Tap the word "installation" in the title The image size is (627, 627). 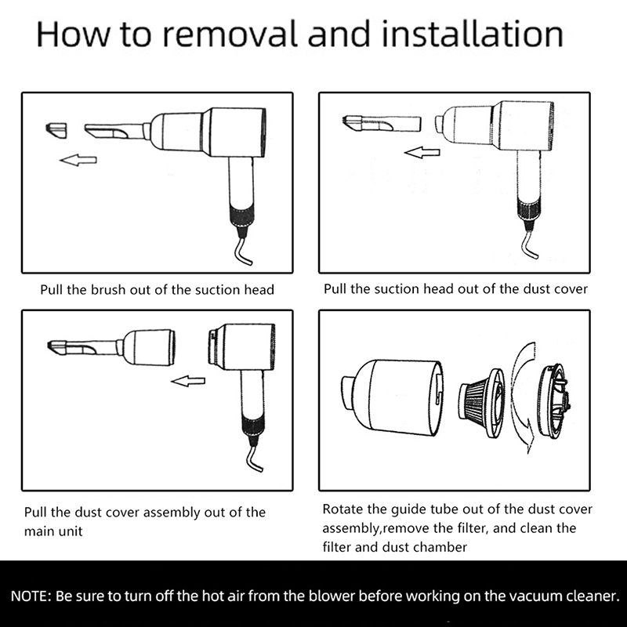pos(473,34)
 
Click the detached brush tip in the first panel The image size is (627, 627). pos(56,130)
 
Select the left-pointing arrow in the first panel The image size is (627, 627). pos(78,161)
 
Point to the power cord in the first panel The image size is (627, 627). pos(243,247)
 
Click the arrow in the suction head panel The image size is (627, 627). pos(422,152)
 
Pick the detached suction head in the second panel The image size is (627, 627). pos(382,124)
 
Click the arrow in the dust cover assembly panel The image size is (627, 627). pos(188,381)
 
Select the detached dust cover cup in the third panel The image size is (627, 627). pos(148,347)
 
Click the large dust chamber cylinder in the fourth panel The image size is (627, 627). pos(392,398)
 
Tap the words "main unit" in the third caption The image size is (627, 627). pos(53,531)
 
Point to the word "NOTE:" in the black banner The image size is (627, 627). pos(31,596)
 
